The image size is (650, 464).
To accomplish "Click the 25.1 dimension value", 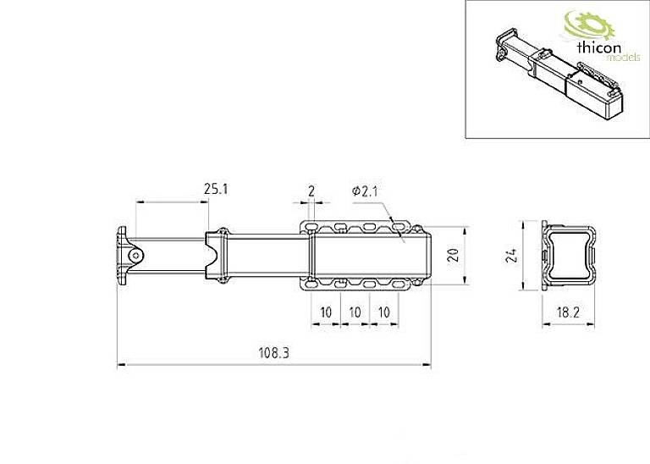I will pos(216,190).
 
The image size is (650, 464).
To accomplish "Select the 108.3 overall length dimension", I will pos(273,355).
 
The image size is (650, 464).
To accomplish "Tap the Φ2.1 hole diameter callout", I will pos(364,192).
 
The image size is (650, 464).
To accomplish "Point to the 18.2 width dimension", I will pos(568,313).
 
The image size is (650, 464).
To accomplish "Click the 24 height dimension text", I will pos(510,257).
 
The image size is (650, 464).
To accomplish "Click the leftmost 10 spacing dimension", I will pos(325,312).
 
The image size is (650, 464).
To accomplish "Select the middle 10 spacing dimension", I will pos(355,312).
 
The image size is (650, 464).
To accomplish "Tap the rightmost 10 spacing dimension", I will pos(384,312).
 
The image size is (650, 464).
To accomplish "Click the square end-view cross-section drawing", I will pos(568,256).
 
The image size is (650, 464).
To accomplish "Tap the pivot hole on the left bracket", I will pos(134,255).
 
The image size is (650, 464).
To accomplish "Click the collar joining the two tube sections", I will pos(218,255).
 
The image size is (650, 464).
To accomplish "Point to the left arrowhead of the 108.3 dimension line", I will pos(119,366).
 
